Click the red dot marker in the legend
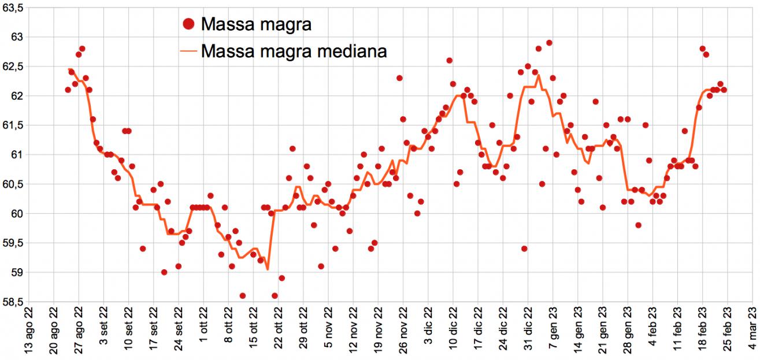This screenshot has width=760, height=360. point(188,24)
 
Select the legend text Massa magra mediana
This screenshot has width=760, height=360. point(294,51)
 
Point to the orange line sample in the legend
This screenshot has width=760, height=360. point(188,51)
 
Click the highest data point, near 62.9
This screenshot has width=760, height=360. point(549,43)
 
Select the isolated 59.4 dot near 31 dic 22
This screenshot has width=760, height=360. point(524,248)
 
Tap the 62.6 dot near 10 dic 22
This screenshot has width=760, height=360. point(449,61)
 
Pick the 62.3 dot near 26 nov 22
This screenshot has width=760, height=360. point(399,78)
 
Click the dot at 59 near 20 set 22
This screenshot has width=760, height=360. point(164,272)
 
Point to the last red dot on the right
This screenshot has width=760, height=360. point(724,90)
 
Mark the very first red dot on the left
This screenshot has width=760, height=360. point(68,90)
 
